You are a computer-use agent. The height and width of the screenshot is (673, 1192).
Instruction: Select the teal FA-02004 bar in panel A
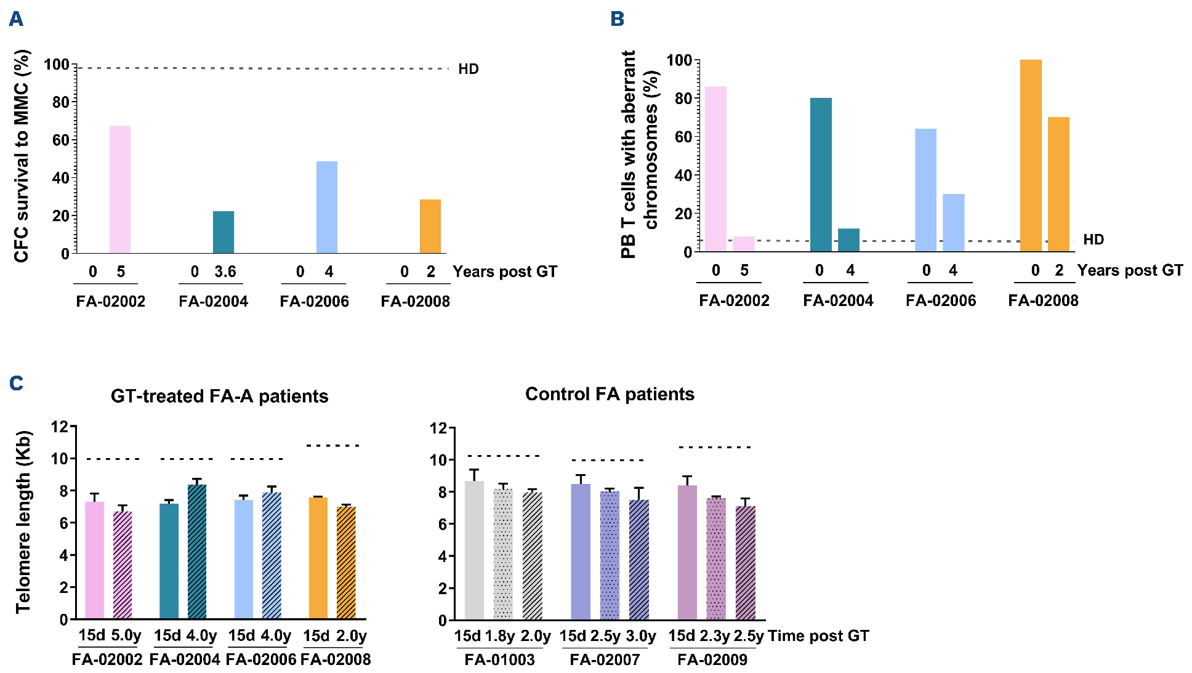(x=223, y=232)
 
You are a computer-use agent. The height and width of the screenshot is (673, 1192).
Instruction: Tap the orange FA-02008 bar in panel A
(x=430, y=226)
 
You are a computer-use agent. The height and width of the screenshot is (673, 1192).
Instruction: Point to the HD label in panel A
(x=469, y=69)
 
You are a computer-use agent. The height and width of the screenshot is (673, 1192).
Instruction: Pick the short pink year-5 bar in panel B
(x=744, y=244)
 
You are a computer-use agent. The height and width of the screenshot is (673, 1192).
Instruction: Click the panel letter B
(x=617, y=19)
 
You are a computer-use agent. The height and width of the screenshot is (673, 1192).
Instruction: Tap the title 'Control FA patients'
(x=610, y=394)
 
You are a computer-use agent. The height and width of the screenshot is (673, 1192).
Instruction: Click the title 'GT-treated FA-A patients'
(x=219, y=396)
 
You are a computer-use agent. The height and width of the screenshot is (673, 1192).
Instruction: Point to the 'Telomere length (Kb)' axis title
(x=23, y=522)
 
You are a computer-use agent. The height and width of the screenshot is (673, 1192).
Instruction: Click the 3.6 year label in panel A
(x=225, y=272)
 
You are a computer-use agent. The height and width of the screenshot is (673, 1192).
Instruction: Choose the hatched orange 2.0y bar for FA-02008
(x=346, y=563)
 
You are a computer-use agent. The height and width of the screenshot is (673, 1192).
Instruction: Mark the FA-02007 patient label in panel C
(x=605, y=659)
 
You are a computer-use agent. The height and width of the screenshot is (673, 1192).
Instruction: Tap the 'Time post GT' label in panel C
(x=818, y=635)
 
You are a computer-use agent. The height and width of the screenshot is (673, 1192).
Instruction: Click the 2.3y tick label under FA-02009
(x=715, y=635)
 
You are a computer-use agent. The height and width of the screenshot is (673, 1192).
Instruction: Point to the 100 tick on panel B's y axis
(x=679, y=60)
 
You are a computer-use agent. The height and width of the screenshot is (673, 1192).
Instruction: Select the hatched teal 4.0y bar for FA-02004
(x=197, y=552)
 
